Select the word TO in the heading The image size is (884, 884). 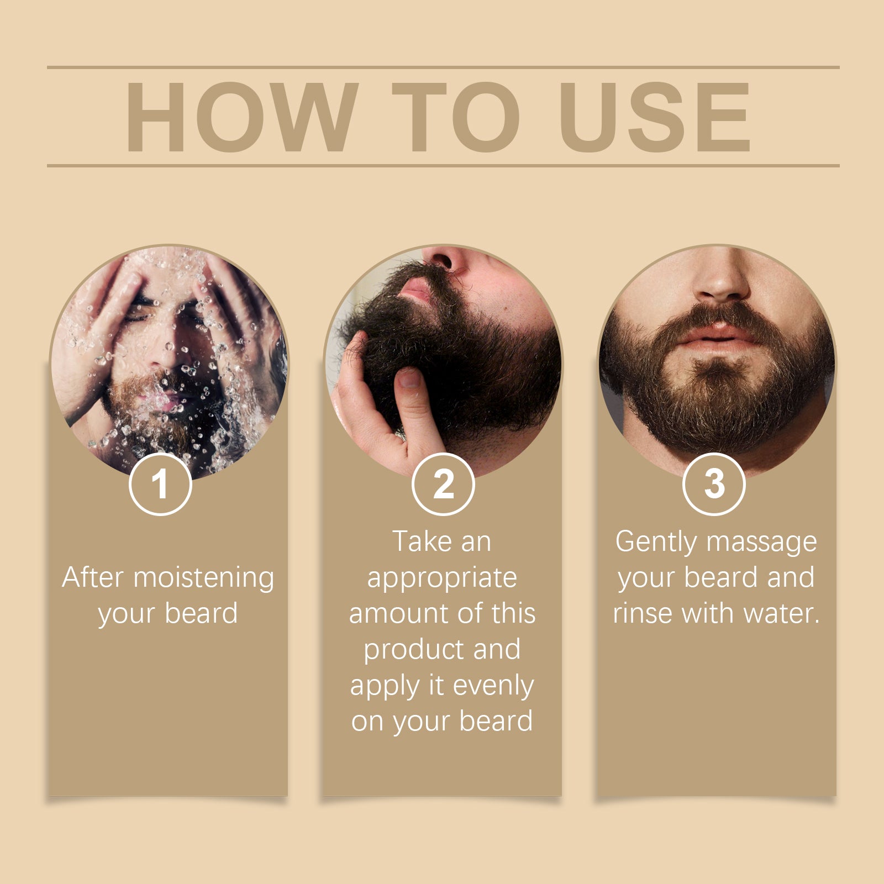click(455, 117)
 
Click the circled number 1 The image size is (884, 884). click(160, 485)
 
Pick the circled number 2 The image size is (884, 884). click(443, 485)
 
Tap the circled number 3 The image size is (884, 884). click(714, 485)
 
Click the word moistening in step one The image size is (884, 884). click(204, 578)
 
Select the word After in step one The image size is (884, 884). click(92, 577)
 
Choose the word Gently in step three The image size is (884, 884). click(656, 543)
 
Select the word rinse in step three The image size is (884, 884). click(642, 613)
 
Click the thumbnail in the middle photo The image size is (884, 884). click(409, 379)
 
